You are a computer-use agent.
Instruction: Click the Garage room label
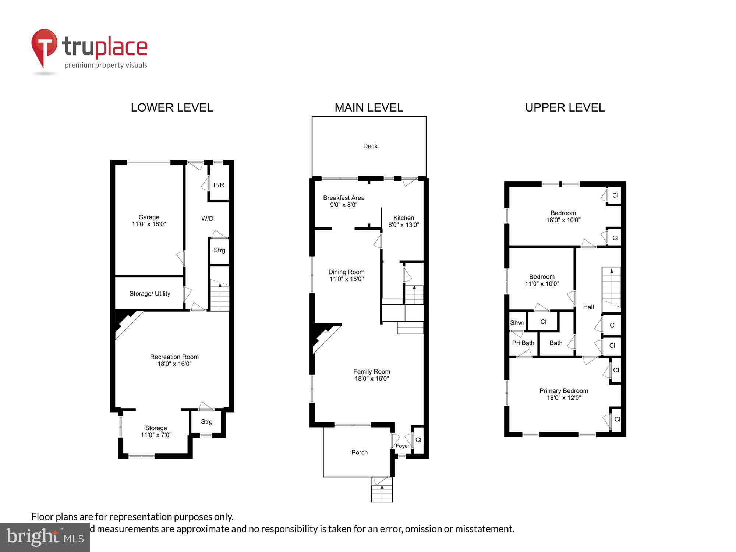pyautogui.click(x=149, y=217)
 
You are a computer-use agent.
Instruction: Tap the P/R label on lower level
pyautogui.click(x=219, y=185)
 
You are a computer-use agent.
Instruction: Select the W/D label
pyautogui.click(x=207, y=219)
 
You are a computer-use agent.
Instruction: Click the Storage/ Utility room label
pyautogui.click(x=149, y=294)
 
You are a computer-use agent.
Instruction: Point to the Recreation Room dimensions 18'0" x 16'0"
pyautogui.click(x=174, y=364)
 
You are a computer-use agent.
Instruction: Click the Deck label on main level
pyautogui.click(x=370, y=146)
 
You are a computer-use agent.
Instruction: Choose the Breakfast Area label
pyautogui.click(x=344, y=198)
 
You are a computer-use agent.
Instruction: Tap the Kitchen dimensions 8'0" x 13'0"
pyautogui.click(x=404, y=225)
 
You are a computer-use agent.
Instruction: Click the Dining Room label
pyautogui.click(x=346, y=272)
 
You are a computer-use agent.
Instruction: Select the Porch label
pyautogui.click(x=359, y=453)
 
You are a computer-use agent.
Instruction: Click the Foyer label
pyautogui.click(x=402, y=446)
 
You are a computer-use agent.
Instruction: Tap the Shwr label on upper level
pyautogui.click(x=517, y=323)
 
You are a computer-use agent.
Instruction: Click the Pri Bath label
pyautogui.click(x=523, y=343)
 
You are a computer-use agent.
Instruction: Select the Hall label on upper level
pyautogui.click(x=588, y=307)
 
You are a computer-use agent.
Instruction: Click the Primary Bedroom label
pyautogui.click(x=563, y=391)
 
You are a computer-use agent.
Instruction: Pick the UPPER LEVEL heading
pyautogui.click(x=565, y=107)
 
